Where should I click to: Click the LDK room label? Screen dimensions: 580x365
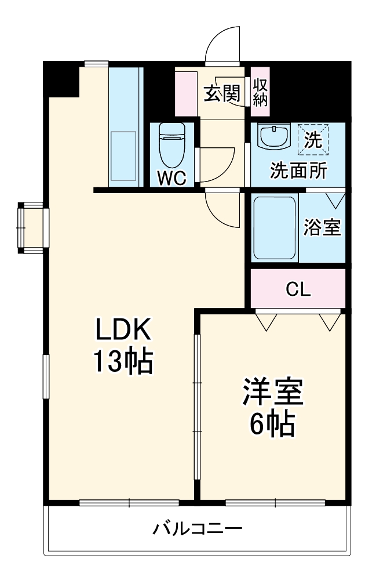[x=123, y=331]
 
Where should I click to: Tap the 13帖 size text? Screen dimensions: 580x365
[x=123, y=362]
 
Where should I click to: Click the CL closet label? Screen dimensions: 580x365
[x=298, y=289]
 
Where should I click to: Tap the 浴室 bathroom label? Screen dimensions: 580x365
[x=322, y=228]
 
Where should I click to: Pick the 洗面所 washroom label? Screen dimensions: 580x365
[x=298, y=172]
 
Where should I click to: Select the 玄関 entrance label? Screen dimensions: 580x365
[x=221, y=94]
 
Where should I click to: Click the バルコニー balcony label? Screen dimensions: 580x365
[x=197, y=529]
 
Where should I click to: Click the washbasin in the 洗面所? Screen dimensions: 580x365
[x=272, y=138]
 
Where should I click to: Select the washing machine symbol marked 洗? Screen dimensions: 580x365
[x=313, y=140]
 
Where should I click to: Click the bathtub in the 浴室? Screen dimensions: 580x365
[x=275, y=228]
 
